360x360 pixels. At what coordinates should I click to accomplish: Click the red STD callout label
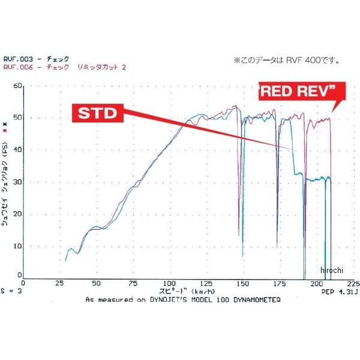click(97, 114)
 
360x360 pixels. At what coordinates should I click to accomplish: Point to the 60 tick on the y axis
click(17, 86)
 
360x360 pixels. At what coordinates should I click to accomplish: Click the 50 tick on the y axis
click(17, 118)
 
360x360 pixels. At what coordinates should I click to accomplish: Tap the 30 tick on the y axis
click(17, 182)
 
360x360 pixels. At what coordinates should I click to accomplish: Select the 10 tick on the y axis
click(17, 246)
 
